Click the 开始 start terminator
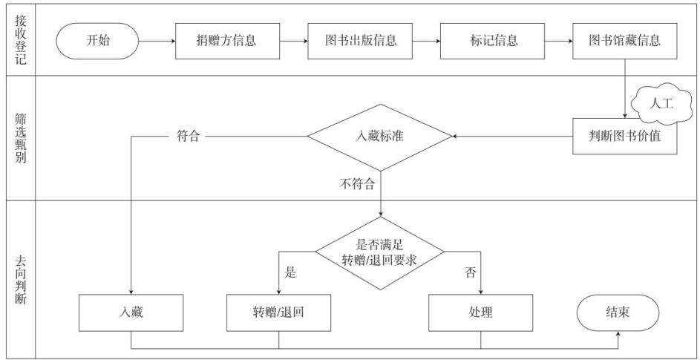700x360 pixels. point(97,41)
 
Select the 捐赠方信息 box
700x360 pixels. point(228,41)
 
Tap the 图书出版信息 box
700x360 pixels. point(360,41)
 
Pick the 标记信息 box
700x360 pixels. point(492,41)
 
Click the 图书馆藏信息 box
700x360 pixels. point(625,41)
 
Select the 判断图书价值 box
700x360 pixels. point(625,137)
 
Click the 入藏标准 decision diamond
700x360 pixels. point(380,137)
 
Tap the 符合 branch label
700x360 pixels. point(188,137)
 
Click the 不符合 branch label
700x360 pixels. point(357,184)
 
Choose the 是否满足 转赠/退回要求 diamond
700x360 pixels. point(380,253)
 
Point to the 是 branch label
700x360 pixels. point(291,272)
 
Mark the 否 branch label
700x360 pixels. point(471,272)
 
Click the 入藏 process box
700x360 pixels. point(131,312)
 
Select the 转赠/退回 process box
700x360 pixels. point(278,312)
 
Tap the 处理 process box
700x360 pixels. point(481,312)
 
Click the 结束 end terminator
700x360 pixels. point(618,312)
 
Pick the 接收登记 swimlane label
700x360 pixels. point(20,40)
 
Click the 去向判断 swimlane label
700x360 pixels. point(20,280)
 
